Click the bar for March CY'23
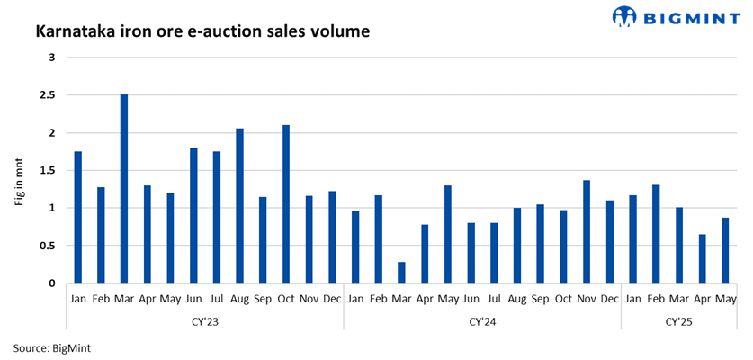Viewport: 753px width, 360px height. [x=124, y=189]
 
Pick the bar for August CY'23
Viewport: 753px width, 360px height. [x=239, y=206]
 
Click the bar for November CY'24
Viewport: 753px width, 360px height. [x=587, y=232]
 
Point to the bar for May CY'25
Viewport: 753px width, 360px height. [x=725, y=251]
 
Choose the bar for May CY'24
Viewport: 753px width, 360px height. [x=448, y=235]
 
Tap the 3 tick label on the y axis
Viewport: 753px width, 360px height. [x=52, y=58]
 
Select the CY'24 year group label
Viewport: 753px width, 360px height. [x=482, y=320]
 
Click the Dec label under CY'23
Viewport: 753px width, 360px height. [x=332, y=298]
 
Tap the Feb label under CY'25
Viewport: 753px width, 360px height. [x=656, y=298]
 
